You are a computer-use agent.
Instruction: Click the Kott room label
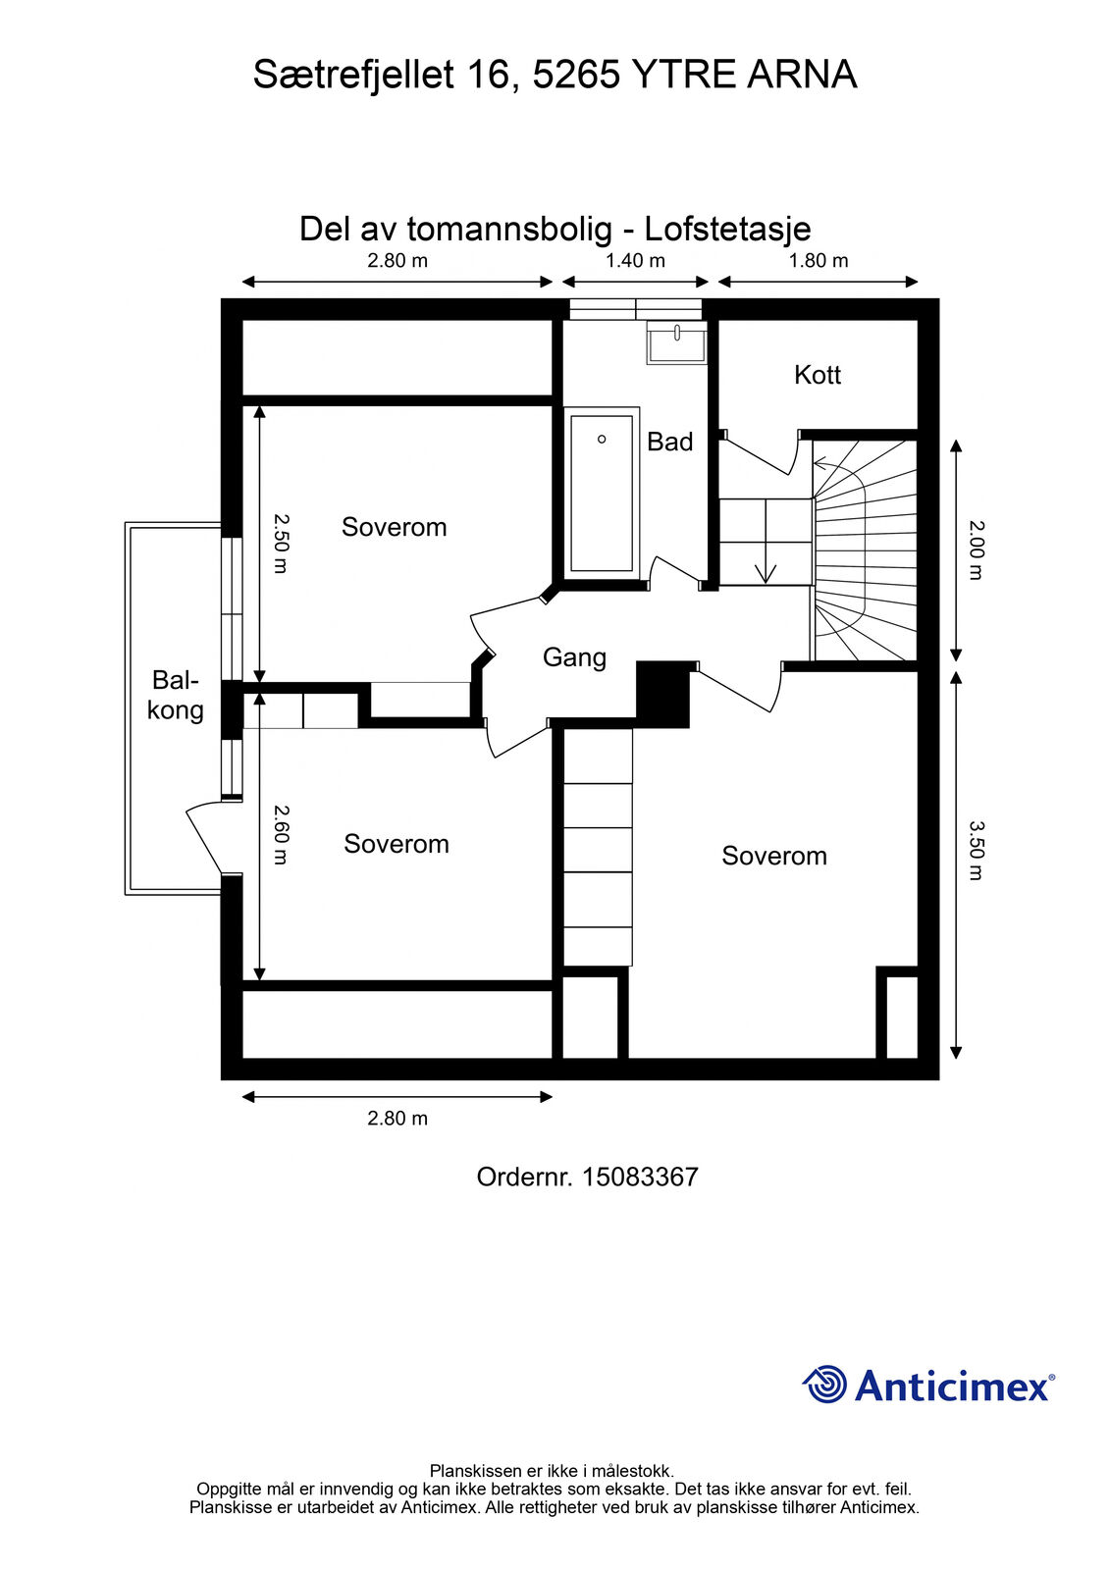[817, 375]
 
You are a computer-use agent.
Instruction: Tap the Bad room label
[669, 442]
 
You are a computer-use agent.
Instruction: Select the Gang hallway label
[574, 657]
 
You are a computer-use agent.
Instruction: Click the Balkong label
[176, 695]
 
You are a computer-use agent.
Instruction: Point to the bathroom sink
[676, 342]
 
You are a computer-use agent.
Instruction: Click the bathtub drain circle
[602, 440]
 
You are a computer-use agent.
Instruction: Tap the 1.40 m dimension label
[635, 261]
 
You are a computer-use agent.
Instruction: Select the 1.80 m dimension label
[819, 261]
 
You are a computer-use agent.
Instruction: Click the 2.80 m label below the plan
[397, 1118]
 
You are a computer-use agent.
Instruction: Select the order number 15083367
[640, 1177]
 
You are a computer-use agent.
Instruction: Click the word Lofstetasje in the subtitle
[728, 230]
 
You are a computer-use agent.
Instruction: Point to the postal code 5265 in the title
[576, 75]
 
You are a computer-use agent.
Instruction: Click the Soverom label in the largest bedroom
[774, 856]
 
